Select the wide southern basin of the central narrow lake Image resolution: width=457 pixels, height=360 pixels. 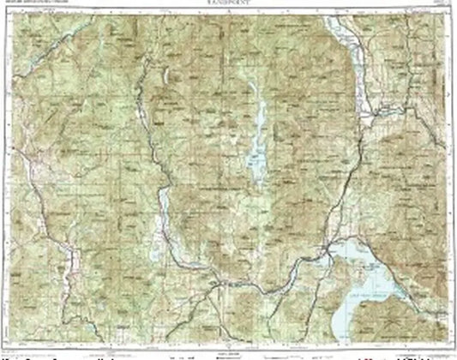(x=255, y=159)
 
